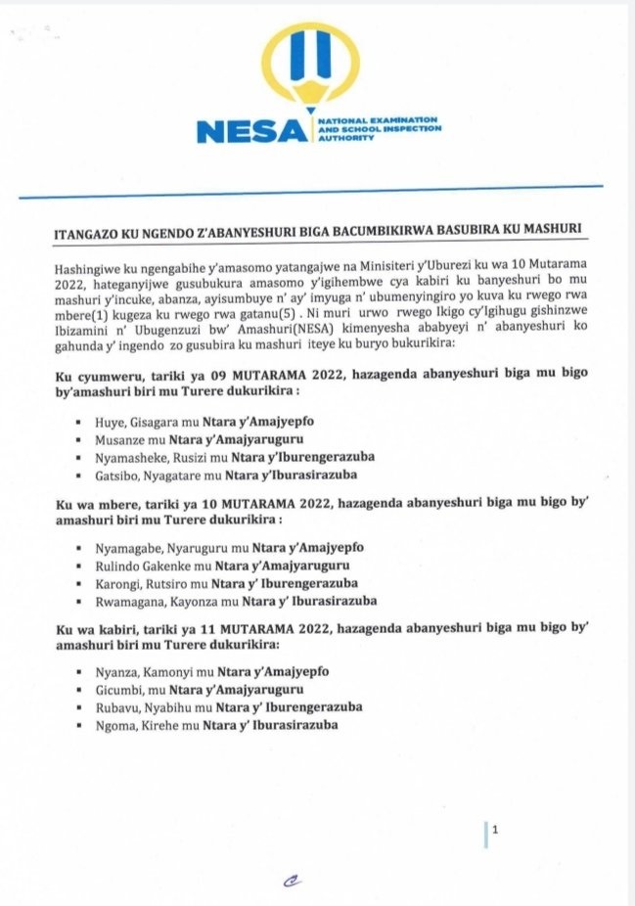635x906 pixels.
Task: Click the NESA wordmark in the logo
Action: [251, 131]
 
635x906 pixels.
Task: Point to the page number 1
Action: [496, 832]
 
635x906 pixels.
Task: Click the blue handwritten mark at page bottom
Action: [291, 880]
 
